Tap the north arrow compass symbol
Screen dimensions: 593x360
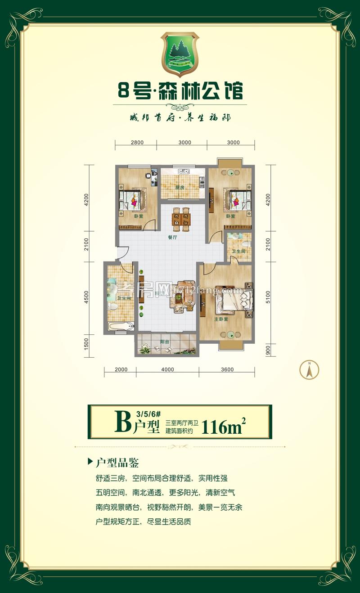[x=309, y=370]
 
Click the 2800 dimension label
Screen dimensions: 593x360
[x=137, y=143]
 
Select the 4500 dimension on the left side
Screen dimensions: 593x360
[x=86, y=297]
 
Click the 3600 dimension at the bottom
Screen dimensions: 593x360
[x=227, y=370]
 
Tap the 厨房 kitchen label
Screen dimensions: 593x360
[x=180, y=189]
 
